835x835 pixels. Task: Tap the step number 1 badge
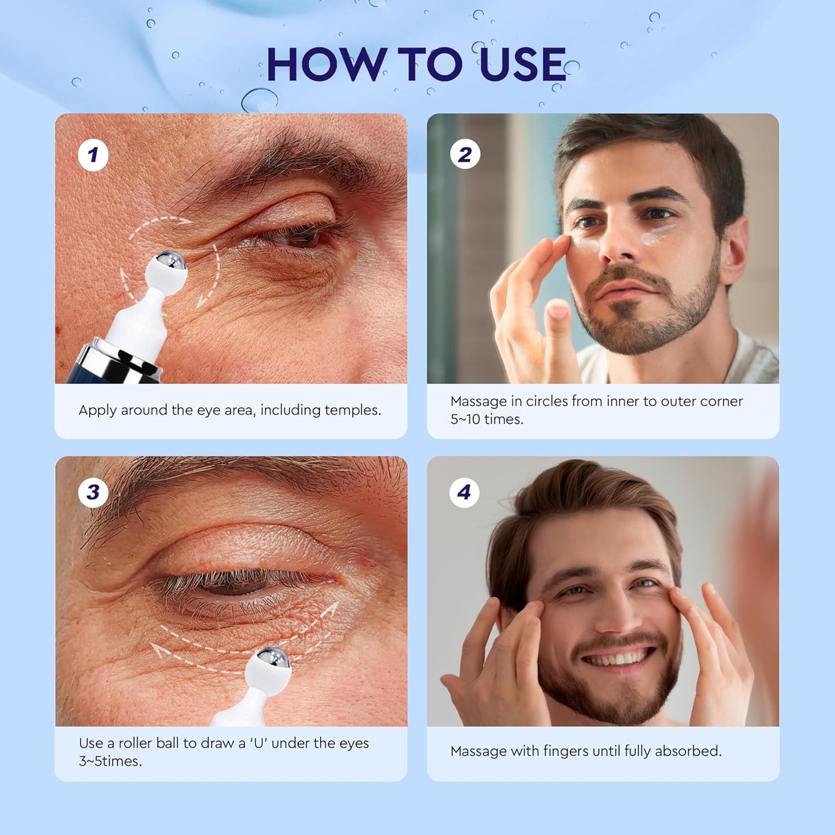coord(93,155)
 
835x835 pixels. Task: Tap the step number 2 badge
coord(465,155)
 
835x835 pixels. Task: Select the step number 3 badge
coord(93,492)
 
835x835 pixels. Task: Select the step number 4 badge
coord(464,492)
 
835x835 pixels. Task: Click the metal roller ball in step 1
coord(172,261)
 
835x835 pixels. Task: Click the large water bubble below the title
coord(259,100)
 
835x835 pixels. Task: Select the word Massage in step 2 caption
coord(478,402)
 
